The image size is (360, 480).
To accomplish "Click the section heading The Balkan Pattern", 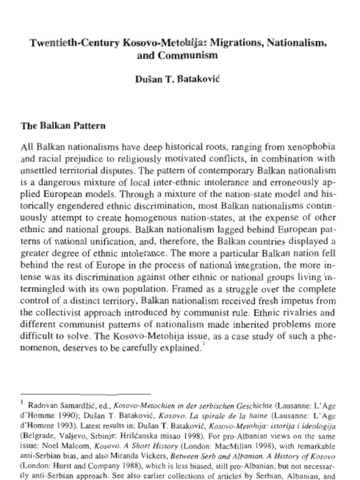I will point(63,126).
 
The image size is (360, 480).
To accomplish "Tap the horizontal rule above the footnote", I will point(86,394).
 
